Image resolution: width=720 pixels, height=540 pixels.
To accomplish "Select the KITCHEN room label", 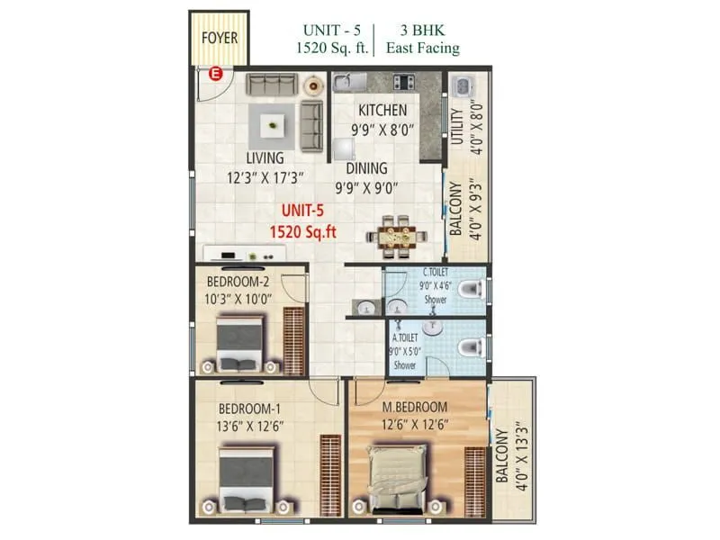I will (x=383, y=110).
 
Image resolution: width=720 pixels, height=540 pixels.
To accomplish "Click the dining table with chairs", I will (x=397, y=235).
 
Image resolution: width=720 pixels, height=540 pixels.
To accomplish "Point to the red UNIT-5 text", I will (x=302, y=211).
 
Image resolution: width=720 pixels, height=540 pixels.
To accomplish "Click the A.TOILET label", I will (x=406, y=339).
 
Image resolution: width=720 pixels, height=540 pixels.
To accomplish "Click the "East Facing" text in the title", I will (x=423, y=49).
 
